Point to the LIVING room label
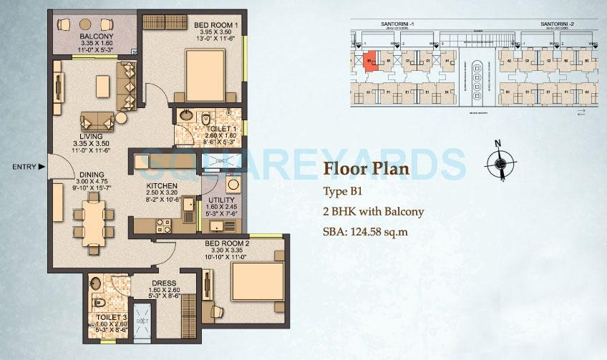92,136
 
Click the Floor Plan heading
367,170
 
